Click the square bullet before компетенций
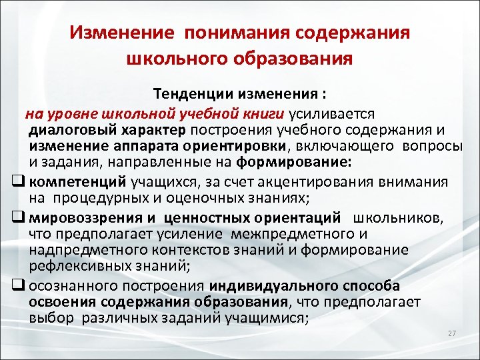click(x=19, y=181)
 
